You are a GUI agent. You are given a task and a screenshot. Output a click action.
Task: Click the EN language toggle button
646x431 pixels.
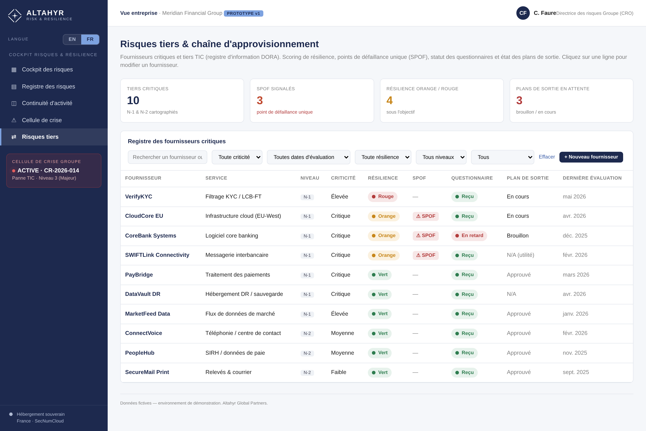click(72, 39)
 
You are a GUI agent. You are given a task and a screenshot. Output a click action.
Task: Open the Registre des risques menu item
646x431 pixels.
click(48, 87)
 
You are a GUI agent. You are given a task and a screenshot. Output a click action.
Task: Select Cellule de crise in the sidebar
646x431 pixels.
click(42, 120)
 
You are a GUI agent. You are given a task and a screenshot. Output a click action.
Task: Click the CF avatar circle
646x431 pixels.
click(523, 13)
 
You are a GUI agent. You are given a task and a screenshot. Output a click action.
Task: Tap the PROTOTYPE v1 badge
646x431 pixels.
click(243, 13)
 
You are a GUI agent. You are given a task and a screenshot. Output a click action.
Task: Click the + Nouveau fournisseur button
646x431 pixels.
click(591, 157)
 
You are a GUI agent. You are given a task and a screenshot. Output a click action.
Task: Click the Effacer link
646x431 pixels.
click(547, 157)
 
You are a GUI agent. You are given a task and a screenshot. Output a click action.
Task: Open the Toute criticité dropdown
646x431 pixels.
click(237, 157)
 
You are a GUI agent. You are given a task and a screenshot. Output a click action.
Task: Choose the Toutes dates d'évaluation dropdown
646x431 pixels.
click(308, 157)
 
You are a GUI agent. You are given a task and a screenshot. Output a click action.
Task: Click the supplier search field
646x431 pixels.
click(168, 157)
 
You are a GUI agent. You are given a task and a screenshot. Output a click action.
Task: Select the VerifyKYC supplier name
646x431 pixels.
click(139, 197)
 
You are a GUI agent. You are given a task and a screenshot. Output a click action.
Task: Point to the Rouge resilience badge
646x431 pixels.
click(383, 197)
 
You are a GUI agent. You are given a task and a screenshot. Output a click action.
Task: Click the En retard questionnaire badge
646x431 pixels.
click(469, 235)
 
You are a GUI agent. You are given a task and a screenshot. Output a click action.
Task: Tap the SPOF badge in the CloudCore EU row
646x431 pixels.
click(426, 216)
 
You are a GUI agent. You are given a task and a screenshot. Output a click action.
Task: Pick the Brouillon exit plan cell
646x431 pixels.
click(518, 235)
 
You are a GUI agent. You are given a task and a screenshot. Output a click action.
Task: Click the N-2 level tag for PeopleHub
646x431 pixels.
click(307, 353)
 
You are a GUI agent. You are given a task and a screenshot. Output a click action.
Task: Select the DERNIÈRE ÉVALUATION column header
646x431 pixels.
click(592, 178)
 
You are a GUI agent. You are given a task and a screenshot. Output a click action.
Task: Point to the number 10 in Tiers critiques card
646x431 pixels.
click(133, 100)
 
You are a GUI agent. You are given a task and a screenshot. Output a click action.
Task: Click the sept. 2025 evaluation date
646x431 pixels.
click(576, 372)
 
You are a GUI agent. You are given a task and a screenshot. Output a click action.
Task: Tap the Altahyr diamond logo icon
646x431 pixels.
click(15, 16)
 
